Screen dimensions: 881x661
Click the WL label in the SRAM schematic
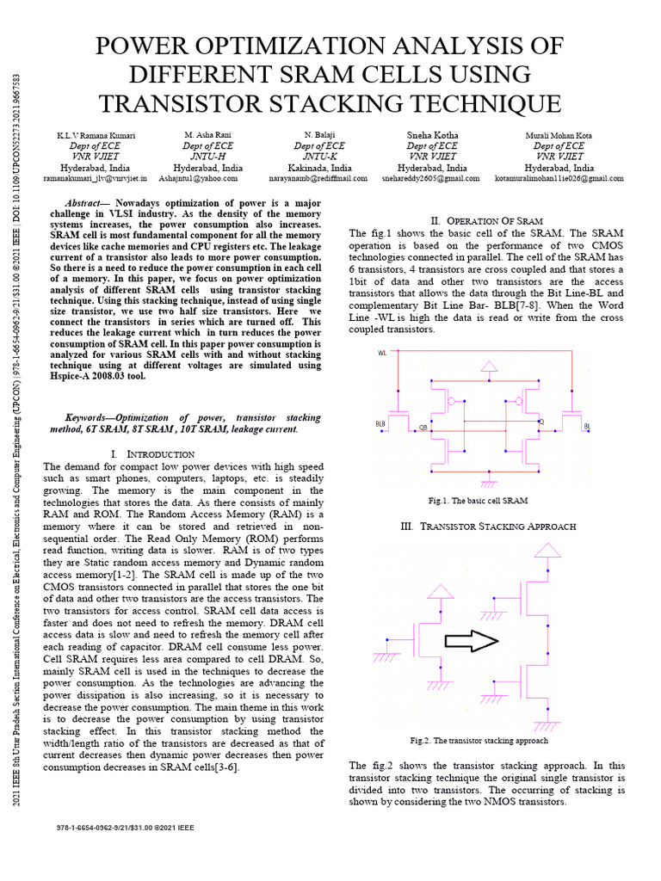click(382, 353)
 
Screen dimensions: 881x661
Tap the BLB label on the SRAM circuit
click(380, 424)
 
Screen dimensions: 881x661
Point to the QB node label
click(423, 426)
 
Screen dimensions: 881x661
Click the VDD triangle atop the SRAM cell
click(488, 367)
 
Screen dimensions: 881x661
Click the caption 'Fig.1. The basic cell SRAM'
click(478, 501)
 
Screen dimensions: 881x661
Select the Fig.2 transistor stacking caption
click(479, 741)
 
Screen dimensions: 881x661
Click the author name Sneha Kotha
click(432, 135)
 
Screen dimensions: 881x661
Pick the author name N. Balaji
click(320, 135)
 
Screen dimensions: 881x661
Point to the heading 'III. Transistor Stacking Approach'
click(489, 527)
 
